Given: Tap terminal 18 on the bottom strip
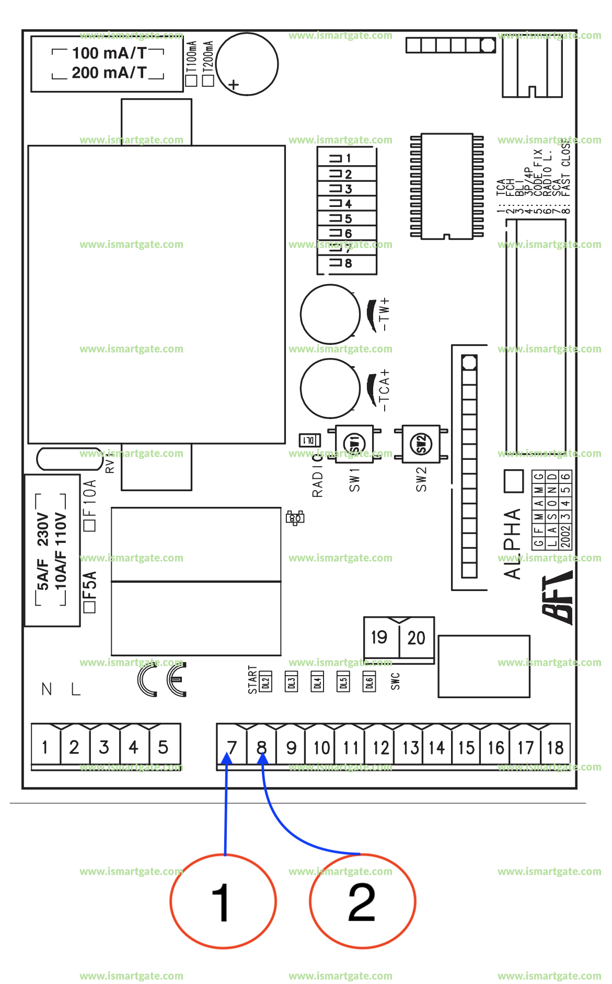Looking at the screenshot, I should [555, 747].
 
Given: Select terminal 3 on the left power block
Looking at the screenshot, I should [104, 747].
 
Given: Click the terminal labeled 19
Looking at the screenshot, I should [379, 637].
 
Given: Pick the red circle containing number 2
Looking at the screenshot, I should [362, 901].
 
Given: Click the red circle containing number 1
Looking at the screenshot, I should [223, 901].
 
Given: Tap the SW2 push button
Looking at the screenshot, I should [421, 444].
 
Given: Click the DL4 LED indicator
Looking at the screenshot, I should [317, 682].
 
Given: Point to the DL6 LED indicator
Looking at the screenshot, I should [369, 682].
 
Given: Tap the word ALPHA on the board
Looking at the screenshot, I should [512, 543].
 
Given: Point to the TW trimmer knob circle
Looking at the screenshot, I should [330, 314].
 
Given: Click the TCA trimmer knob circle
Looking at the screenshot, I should [330, 388].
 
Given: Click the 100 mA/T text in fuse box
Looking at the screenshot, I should [109, 53].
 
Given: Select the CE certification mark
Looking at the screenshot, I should [162, 679].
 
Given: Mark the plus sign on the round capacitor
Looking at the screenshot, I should [234, 85].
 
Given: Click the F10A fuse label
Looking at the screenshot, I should [90, 499].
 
